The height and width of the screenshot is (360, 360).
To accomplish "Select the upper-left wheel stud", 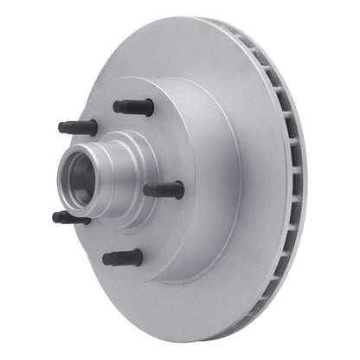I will coord(78,127).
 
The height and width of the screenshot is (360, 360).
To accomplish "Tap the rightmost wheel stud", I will coord(164,190).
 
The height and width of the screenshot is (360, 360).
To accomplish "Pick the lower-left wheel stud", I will coord(71,218).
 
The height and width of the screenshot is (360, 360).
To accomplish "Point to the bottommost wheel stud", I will coord(123,258).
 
